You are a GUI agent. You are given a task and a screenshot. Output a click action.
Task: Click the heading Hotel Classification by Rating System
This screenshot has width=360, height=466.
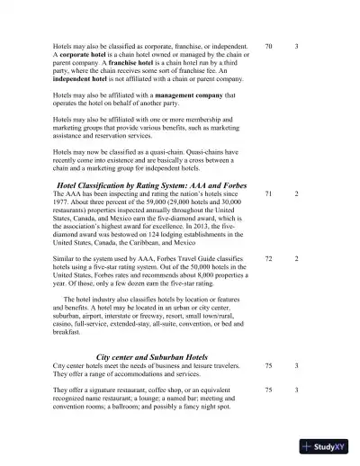(x=125, y=184)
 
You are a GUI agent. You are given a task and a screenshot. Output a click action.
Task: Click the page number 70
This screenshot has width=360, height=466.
(x=269, y=45)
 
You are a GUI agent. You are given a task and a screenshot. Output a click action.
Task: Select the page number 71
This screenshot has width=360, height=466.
(x=269, y=193)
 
